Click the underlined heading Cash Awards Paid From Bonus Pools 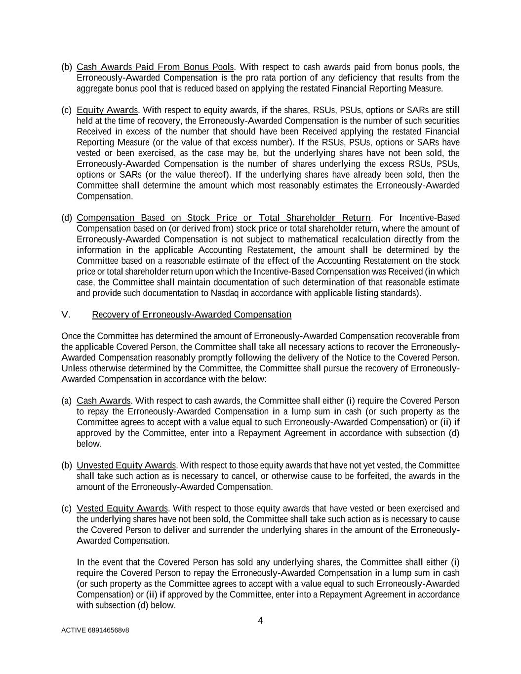click(x=155, y=67)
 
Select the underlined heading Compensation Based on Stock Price click(x=223, y=218)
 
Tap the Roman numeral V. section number click(x=66, y=315)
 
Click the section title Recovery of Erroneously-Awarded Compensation click(x=192, y=315)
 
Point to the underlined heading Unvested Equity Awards click(x=126, y=465)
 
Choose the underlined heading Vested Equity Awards click(x=122, y=508)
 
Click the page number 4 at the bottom click(x=260, y=621)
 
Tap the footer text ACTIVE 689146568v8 click(x=95, y=630)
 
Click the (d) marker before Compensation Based click(x=67, y=218)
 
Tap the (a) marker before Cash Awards click(x=67, y=400)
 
